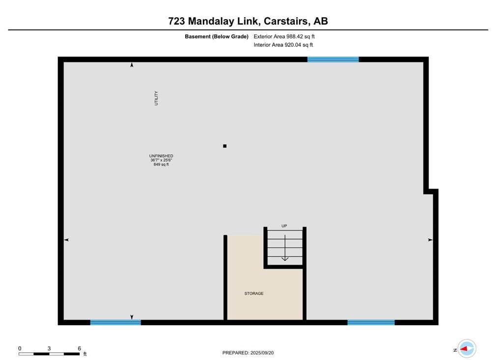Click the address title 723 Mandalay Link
coord(214,21)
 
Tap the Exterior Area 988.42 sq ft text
coord(284,36)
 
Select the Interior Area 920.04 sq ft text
coord(283,45)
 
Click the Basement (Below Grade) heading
coord(217,36)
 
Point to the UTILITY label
coord(156,98)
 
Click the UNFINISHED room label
coord(161,156)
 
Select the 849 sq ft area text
coord(161,164)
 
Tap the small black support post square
coord(225,146)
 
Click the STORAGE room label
coord(254,293)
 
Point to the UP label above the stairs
coord(284,226)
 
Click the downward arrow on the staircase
coord(285,248)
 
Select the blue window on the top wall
coord(333,59)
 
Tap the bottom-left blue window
coord(115,323)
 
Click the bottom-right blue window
coord(371,323)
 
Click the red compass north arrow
coord(464,349)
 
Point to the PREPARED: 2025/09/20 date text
coord(248,353)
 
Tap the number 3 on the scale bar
coord(49,348)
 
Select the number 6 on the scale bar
coord(79,348)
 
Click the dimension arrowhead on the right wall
coord(430,240)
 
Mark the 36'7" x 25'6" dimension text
coord(161,160)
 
